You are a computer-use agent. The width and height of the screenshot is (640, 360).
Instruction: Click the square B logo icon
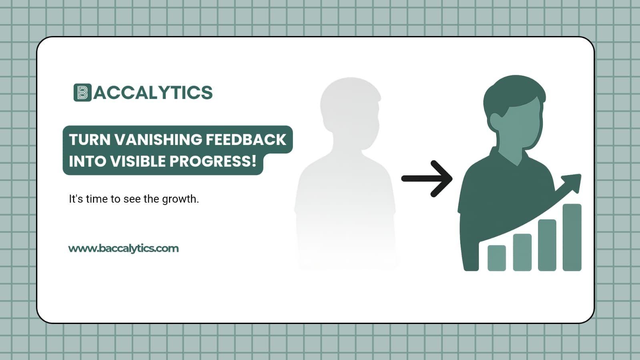click(82, 93)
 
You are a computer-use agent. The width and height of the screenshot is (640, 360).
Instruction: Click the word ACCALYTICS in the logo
click(153, 93)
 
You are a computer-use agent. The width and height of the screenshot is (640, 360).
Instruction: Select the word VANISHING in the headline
click(158, 140)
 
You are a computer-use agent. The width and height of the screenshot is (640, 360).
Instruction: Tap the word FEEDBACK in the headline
click(246, 140)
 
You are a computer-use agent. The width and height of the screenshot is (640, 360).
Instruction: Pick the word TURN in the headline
click(90, 140)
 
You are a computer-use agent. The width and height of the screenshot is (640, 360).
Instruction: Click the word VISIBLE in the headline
click(138, 161)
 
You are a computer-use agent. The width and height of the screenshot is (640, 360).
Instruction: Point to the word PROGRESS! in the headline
click(213, 161)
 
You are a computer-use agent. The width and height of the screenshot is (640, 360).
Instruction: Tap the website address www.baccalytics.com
click(123, 248)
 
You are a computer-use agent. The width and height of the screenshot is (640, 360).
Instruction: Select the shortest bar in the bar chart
click(496, 258)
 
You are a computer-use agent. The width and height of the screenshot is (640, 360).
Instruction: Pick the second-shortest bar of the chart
click(522, 252)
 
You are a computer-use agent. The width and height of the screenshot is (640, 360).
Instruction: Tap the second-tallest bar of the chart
click(547, 245)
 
